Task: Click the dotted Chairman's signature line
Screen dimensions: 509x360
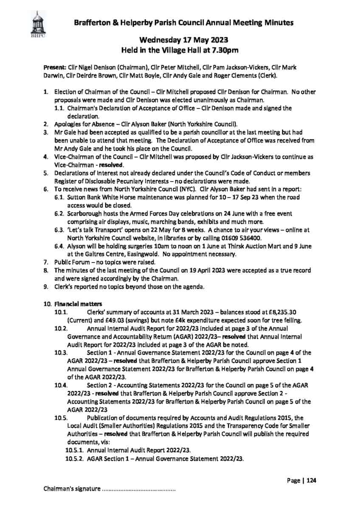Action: point(139,489)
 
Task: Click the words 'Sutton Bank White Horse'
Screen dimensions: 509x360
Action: point(102,197)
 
